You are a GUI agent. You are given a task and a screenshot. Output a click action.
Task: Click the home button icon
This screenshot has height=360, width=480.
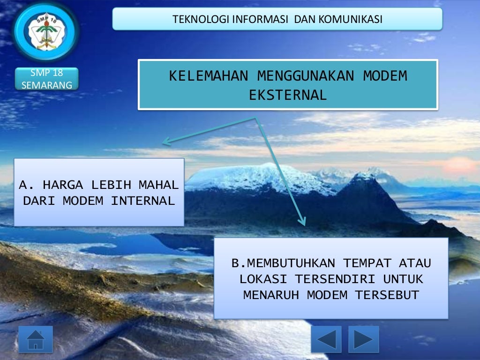coord(36,339)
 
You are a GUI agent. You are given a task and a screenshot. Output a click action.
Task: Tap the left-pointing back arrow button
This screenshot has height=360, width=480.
coord(326,339)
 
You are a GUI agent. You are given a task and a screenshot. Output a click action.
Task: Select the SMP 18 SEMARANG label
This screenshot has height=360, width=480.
coord(46,79)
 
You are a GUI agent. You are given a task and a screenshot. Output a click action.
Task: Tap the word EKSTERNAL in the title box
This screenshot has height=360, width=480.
coord(288,95)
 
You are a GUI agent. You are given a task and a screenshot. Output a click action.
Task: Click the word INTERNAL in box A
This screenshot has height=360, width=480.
coord(143,201)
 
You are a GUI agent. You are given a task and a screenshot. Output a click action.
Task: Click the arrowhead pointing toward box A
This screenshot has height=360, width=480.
coord(165,142)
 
